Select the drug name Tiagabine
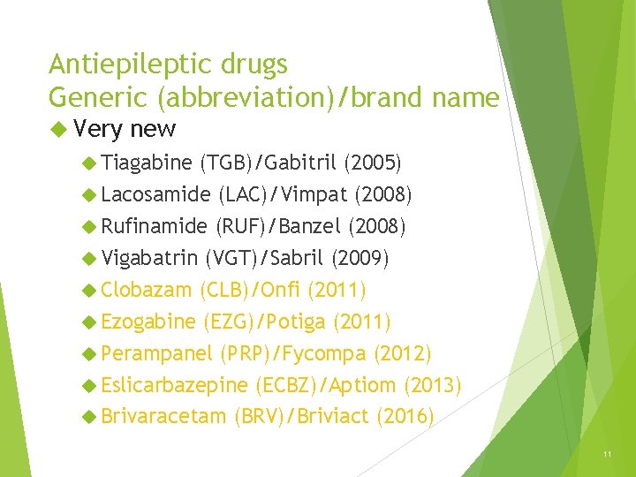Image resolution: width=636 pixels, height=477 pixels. (146, 162)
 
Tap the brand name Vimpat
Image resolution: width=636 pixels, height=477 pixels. (314, 193)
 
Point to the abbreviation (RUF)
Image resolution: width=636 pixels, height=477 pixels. (242, 226)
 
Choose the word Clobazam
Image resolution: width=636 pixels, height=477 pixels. (146, 290)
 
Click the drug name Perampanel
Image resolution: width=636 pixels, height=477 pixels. (156, 353)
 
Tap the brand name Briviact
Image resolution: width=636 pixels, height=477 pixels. (335, 417)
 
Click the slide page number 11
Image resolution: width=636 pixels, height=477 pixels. (607, 454)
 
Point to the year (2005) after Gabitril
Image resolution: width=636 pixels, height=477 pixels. (372, 162)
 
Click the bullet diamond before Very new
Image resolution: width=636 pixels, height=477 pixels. (59, 130)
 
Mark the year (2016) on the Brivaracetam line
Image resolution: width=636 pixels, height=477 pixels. (405, 417)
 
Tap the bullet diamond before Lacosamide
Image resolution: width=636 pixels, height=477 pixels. (88, 194)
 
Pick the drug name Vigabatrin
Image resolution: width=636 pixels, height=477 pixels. (149, 258)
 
